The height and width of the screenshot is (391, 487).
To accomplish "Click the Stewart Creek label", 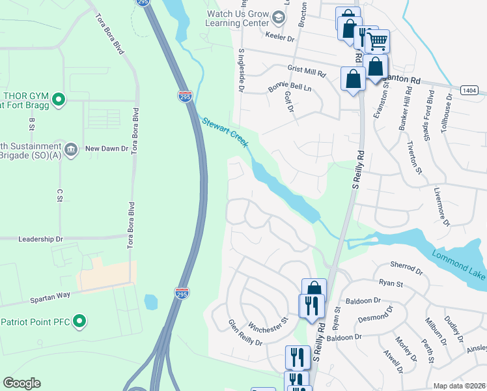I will coord(225,132).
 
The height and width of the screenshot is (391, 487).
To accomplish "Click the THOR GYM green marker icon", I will coord(58,100).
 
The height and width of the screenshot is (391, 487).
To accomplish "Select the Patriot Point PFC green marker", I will coord(79,321).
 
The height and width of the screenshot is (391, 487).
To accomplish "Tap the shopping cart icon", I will coord(378,42).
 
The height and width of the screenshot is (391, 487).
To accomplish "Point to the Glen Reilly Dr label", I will coord(244,333).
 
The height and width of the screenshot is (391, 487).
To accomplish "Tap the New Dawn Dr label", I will coord(106,149).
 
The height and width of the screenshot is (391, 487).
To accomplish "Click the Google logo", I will coord(21,383).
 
